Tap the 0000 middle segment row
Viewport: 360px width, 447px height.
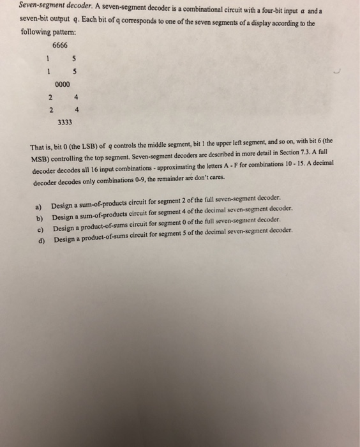click(x=63, y=84)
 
